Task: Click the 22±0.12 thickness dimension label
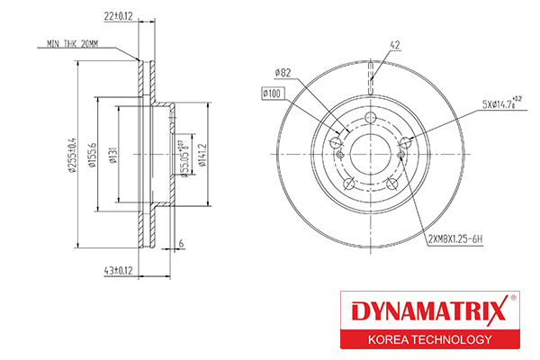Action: pos(118,16)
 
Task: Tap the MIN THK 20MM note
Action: pos(72,44)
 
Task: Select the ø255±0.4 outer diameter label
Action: pos(72,155)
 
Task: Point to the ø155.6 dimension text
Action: pos(93,155)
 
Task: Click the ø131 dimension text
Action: pos(113,155)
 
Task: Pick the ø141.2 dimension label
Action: pos(202,155)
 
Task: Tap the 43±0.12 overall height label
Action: pos(118,270)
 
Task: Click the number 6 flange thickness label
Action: pos(181,244)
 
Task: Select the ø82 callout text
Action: pos(283,73)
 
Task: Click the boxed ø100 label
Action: pos(273,94)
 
